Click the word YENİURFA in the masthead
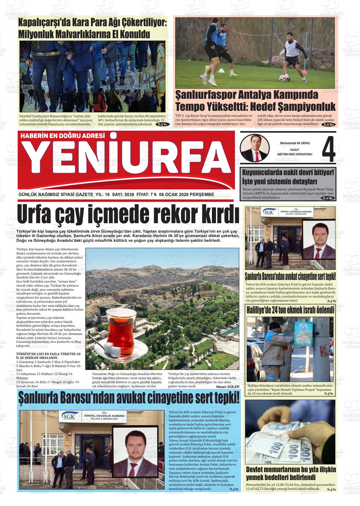(x=126, y=164)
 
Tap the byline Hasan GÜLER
(x=228, y=386)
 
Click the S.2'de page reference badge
(x=327, y=198)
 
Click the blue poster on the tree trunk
(x=303, y=336)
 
